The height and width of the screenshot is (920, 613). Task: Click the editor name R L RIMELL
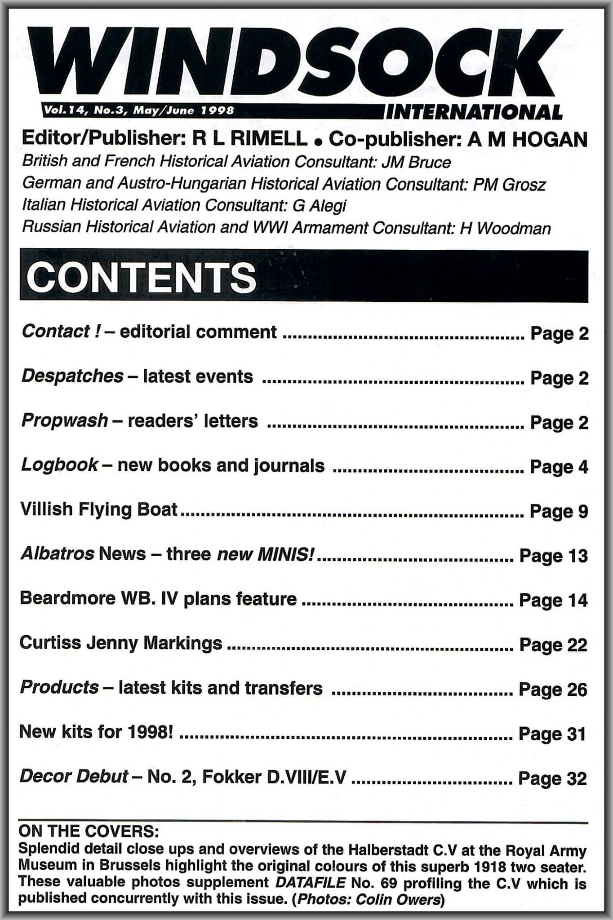tap(250, 139)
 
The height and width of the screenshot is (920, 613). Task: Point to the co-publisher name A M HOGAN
tap(528, 140)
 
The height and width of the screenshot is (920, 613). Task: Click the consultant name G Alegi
tap(319, 206)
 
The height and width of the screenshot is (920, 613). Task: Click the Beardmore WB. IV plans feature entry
tap(158, 599)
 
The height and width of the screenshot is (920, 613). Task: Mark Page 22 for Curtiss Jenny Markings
tap(553, 645)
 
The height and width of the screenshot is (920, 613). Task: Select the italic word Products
tap(59, 688)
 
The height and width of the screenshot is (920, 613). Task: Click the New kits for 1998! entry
tap(96, 732)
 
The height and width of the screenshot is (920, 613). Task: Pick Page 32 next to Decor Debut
tap(553, 778)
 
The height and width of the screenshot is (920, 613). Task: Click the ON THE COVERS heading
tap(89, 832)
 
